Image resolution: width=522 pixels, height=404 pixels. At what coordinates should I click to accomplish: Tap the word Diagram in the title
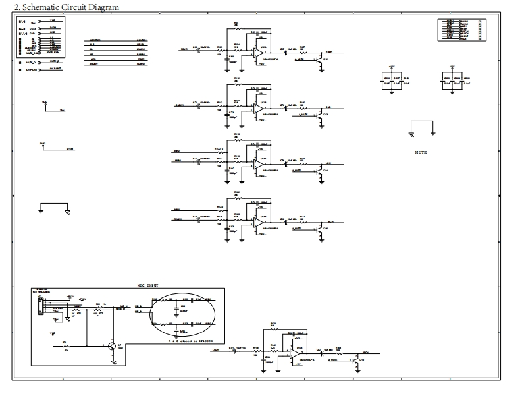101,7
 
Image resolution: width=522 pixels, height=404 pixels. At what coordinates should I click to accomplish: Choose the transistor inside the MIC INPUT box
112,346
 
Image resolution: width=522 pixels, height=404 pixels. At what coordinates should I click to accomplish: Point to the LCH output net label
328,164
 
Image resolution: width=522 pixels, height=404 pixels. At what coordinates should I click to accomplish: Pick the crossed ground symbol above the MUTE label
411,134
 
